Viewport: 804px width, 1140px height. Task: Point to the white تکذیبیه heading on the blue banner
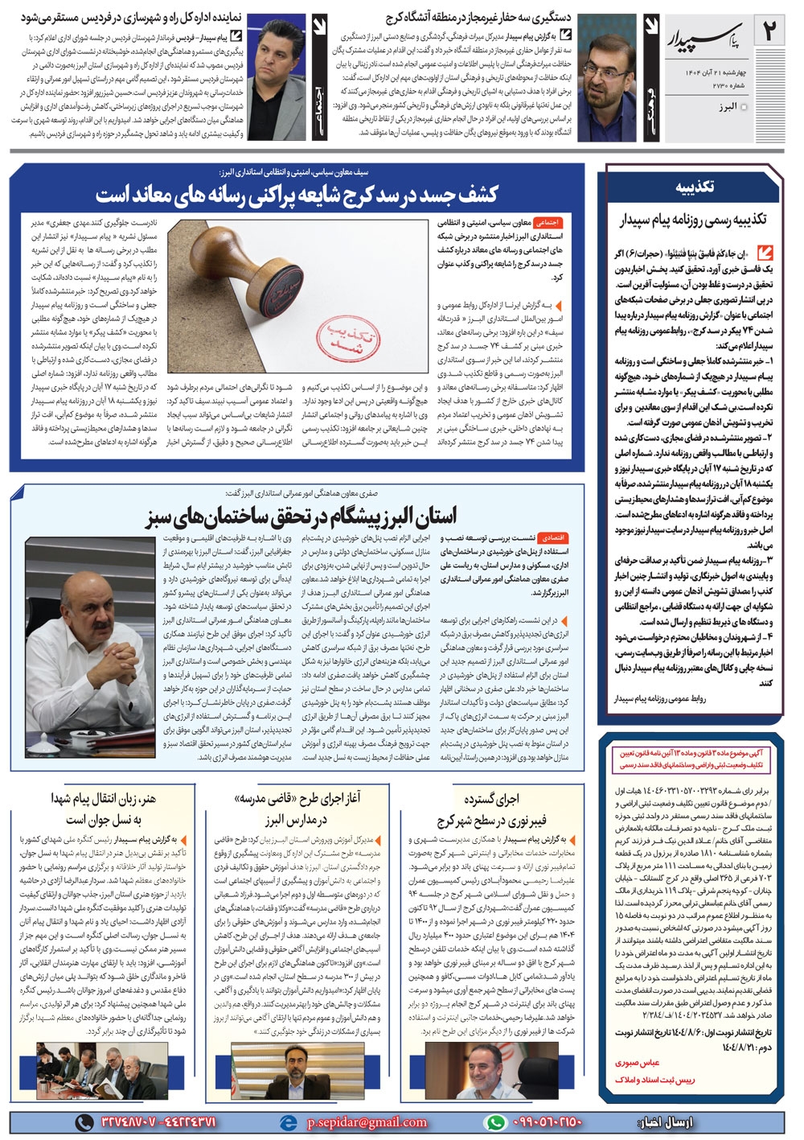pos(694,187)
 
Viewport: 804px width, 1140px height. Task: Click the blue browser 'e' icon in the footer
pos(286,1122)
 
